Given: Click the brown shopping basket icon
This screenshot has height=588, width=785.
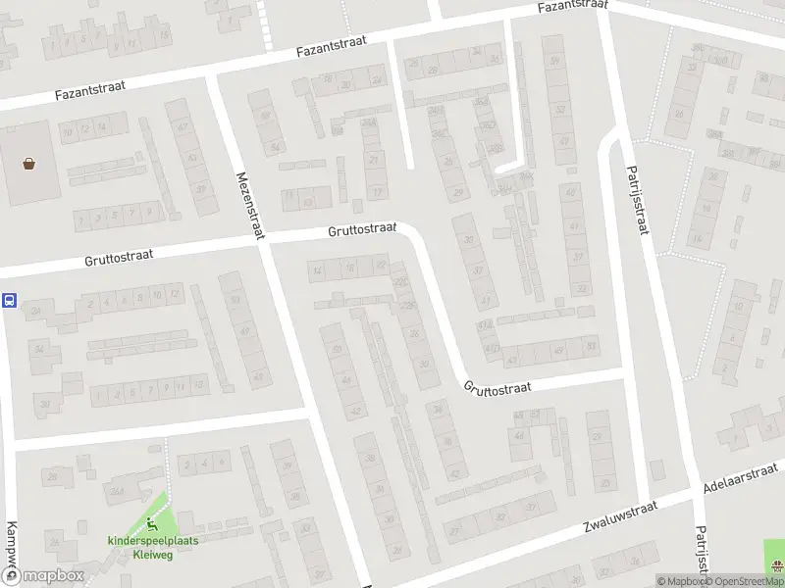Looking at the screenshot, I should pyautogui.click(x=30, y=164).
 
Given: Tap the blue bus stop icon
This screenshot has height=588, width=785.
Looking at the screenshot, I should pyautogui.click(x=9, y=301).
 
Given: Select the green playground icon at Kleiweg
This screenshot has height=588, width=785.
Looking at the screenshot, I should pyautogui.click(x=150, y=523).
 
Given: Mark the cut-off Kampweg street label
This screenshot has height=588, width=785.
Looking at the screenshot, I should pyautogui.click(x=11, y=549).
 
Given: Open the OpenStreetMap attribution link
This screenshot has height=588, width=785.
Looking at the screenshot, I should pyautogui.click(x=746, y=581).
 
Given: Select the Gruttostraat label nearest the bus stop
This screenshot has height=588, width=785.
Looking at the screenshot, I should pyautogui.click(x=119, y=258).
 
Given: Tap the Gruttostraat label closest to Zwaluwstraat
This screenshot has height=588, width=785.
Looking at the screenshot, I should pyautogui.click(x=497, y=387).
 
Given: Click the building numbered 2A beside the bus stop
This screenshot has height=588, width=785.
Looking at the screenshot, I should pyautogui.click(x=38, y=312).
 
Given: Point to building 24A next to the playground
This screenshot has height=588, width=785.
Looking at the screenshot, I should pyautogui.click(x=117, y=491).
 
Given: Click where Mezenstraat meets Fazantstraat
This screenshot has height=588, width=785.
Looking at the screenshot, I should pyautogui.click(x=211, y=78).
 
